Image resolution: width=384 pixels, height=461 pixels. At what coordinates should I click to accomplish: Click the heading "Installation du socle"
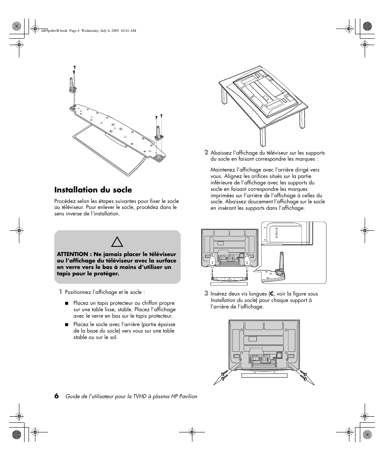[93, 190]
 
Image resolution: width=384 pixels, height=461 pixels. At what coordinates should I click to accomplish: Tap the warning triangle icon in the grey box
[117, 242]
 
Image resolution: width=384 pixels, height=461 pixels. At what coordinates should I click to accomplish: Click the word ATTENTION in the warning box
[72, 254]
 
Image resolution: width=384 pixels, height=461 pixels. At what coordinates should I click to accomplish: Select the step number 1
[60, 291]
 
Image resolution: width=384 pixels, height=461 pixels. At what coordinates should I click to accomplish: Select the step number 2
[206, 152]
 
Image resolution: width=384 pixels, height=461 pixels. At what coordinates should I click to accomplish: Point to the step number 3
[206, 293]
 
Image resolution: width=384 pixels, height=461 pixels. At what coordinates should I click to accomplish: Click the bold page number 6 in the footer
[57, 396]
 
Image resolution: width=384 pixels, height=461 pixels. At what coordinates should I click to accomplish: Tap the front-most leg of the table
[263, 137]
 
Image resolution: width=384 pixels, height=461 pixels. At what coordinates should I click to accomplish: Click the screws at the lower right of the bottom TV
[304, 376]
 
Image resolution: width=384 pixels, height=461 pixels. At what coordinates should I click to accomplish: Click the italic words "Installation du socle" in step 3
[233, 300]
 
